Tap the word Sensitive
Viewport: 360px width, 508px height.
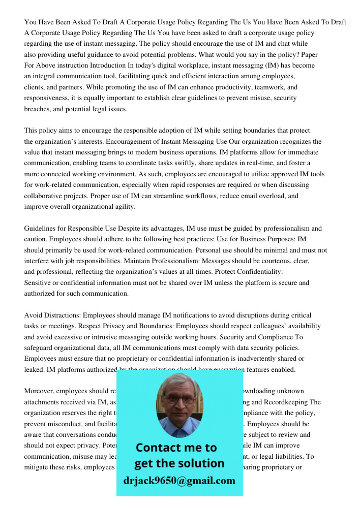click(x=39, y=283)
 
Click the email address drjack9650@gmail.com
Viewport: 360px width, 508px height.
click(x=179, y=481)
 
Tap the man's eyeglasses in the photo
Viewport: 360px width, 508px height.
click(x=180, y=400)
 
